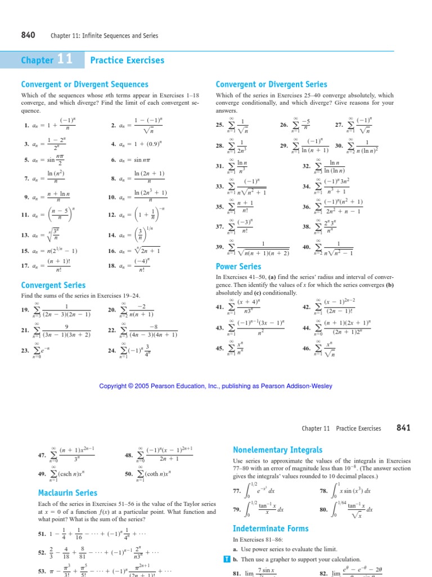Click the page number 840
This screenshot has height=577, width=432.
click(28, 35)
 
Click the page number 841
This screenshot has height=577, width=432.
click(404, 428)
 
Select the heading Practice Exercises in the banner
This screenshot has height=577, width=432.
click(127, 60)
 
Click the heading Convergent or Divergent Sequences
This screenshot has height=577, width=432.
click(84, 85)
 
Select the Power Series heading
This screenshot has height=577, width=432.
click(238, 267)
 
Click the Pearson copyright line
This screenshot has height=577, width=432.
click(215, 386)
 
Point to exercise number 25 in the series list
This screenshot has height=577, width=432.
click(220, 125)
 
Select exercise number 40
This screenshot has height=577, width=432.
click(307, 247)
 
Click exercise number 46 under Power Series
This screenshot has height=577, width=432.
click(307, 349)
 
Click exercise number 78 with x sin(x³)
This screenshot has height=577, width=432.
click(323, 491)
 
